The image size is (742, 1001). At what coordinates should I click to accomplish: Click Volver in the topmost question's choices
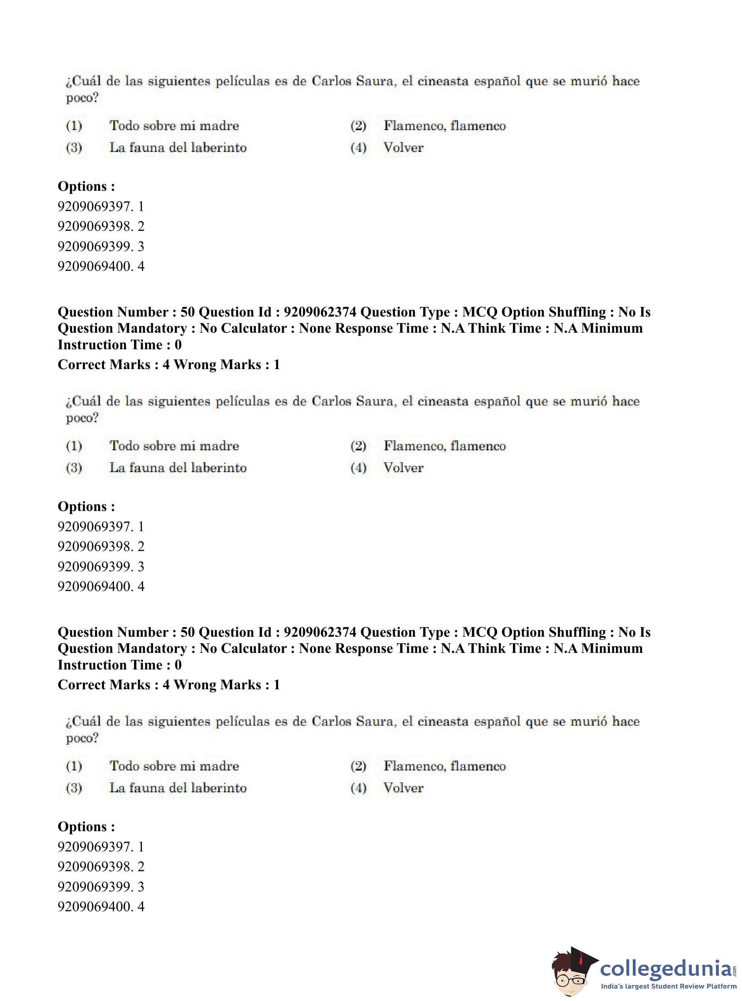[x=403, y=148]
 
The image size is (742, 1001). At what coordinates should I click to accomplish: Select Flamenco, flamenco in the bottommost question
[x=444, y=766]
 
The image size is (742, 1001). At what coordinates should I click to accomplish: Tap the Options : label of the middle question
[x=86, y=506]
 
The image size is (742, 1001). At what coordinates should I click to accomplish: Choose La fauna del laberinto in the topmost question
[x=178, y=148]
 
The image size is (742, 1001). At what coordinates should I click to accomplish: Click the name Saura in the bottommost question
[x=375, y=722]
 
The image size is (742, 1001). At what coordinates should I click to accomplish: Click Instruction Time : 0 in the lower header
[x=120, y=665]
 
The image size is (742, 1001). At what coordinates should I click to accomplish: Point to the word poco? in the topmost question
[x=82, y=98]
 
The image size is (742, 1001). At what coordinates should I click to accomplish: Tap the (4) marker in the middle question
[x=358, y=468]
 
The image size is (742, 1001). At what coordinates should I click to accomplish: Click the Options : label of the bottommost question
[x=86, y=827]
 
